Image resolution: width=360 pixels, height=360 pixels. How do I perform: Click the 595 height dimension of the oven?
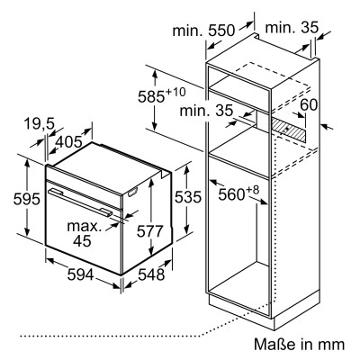(26, 199)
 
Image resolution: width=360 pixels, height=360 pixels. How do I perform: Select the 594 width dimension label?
(80, 274)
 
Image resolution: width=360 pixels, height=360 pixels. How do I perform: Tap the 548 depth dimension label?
(151, 274)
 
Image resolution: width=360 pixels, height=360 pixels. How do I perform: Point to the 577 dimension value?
(149, 231)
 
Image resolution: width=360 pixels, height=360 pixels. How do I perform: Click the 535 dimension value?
(188, 197)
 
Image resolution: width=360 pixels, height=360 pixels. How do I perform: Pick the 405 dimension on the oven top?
(69, 141)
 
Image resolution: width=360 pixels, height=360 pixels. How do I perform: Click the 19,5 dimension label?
(39, 124)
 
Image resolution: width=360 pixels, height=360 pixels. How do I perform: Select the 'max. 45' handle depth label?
(85, 233)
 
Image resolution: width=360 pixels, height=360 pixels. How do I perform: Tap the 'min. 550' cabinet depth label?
(203, 31)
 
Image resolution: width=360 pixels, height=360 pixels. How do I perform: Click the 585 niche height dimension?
(151, 96)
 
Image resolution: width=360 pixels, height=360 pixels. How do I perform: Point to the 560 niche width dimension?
(231, 194)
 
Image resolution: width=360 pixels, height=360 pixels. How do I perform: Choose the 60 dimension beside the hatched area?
(309, 104)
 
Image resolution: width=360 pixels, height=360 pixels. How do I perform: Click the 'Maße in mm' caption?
(299, 344)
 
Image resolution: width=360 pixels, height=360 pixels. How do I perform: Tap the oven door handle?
(80, 202)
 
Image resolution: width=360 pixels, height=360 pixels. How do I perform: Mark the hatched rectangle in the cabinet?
(290, 130)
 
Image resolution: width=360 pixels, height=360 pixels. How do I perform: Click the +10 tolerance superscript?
(175, 92)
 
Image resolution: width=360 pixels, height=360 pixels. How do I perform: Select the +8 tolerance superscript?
(252, 190)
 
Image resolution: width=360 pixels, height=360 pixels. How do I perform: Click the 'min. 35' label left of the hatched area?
(206, 111)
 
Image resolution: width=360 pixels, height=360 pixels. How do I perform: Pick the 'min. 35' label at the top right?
(292, 28)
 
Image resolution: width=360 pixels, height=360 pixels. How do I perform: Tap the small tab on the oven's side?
(132, 193)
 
